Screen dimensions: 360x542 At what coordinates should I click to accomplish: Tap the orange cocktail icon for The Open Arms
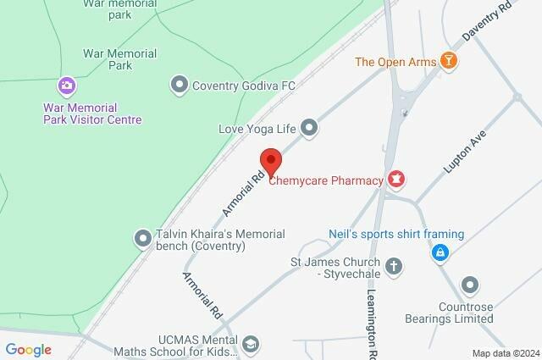pos(449,61)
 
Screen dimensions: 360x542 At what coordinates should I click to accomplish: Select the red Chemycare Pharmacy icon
pos(395,179)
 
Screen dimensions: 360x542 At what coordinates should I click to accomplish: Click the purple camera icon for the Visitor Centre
pos(66,86)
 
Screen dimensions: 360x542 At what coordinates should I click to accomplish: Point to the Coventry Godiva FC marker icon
pos(179,84)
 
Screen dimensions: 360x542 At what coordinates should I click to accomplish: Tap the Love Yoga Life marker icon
pos(310,129)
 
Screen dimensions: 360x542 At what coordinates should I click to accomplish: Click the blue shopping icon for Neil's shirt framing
pos(440,252)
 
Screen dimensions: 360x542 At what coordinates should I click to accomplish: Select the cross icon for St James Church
pos(394,267)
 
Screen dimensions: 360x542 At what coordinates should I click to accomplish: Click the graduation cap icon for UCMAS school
pos(250,343)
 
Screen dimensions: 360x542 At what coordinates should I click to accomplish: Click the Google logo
pos(28,349)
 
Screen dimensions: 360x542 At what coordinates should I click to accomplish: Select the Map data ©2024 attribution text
pos(505,353)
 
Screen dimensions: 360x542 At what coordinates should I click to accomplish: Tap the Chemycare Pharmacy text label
pos(326,179)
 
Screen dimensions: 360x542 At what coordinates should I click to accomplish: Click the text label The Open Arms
pos(395,61)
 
